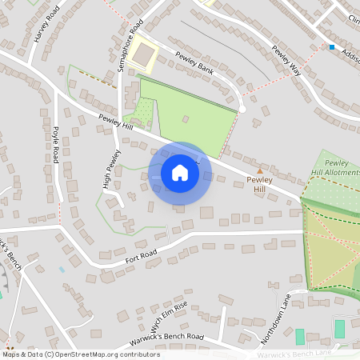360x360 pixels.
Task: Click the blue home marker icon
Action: click(x=180, y=173)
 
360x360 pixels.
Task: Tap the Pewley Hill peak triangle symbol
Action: click(x=259, y=170)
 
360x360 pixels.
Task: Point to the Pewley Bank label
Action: click(x=197, y=62)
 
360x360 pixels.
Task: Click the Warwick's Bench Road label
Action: click(x=171, y=337)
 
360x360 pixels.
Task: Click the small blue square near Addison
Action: click(x=332, y=47)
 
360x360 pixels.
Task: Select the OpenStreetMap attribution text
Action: click(x=82, y=354)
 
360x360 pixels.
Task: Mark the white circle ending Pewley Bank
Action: click(x=242, y=109)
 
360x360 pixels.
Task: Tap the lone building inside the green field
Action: click(x=185, y=119)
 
